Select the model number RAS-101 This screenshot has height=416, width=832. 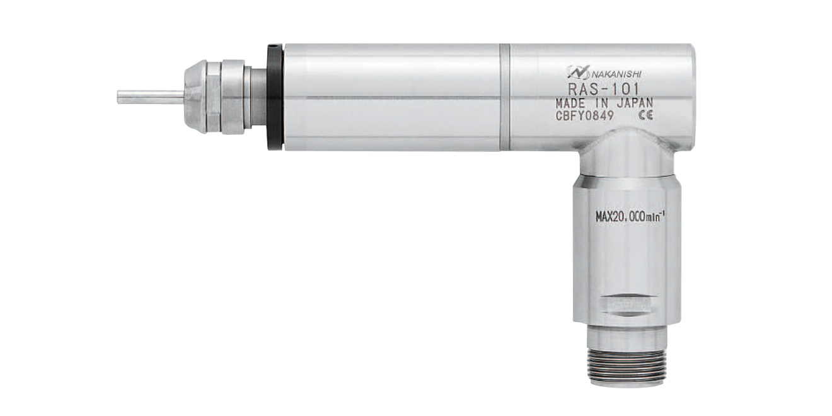pos(604,89)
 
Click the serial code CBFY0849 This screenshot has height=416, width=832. pos(584,116)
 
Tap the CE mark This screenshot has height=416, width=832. pos(645,115)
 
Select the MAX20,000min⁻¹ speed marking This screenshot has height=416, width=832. pos(630,217)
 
